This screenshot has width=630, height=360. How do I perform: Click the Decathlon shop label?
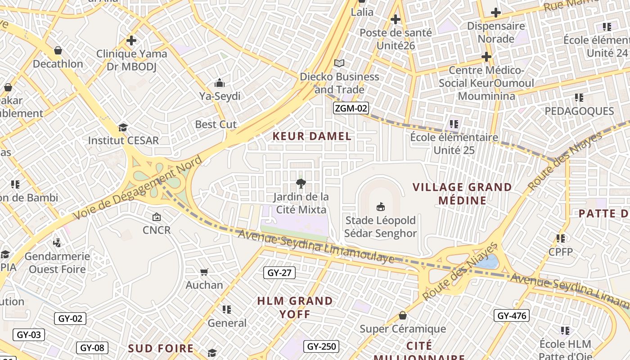pos(58,64)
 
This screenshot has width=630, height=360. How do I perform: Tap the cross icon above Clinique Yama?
pos(131,40)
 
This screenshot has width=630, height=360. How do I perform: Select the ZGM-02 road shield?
pos(351,108)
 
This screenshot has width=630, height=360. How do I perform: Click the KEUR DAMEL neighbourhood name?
pos(312,136)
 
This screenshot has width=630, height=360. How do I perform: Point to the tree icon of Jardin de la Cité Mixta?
pos(301,183)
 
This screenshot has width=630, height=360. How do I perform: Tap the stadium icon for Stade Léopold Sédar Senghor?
pos(381,207)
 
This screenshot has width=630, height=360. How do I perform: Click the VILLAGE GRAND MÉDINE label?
pos(462,193)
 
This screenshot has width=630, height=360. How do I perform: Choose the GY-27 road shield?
pos(279,273)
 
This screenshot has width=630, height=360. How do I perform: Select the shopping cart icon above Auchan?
pos(204,272)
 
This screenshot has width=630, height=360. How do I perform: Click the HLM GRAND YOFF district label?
pos(295,307)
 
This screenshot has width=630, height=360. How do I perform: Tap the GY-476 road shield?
pos(512,316)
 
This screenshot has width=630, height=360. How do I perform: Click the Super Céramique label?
pos(402,329)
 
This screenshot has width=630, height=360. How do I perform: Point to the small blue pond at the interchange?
pos(489,261)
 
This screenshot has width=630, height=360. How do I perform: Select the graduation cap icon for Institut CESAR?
pos(123,127)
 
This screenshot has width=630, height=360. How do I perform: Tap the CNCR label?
pos(157,230)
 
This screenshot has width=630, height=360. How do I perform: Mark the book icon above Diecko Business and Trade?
pos(339,63)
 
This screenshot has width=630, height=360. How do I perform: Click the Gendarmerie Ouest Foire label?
pos(57,263)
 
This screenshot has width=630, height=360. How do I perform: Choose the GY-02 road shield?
pos(71,319)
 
